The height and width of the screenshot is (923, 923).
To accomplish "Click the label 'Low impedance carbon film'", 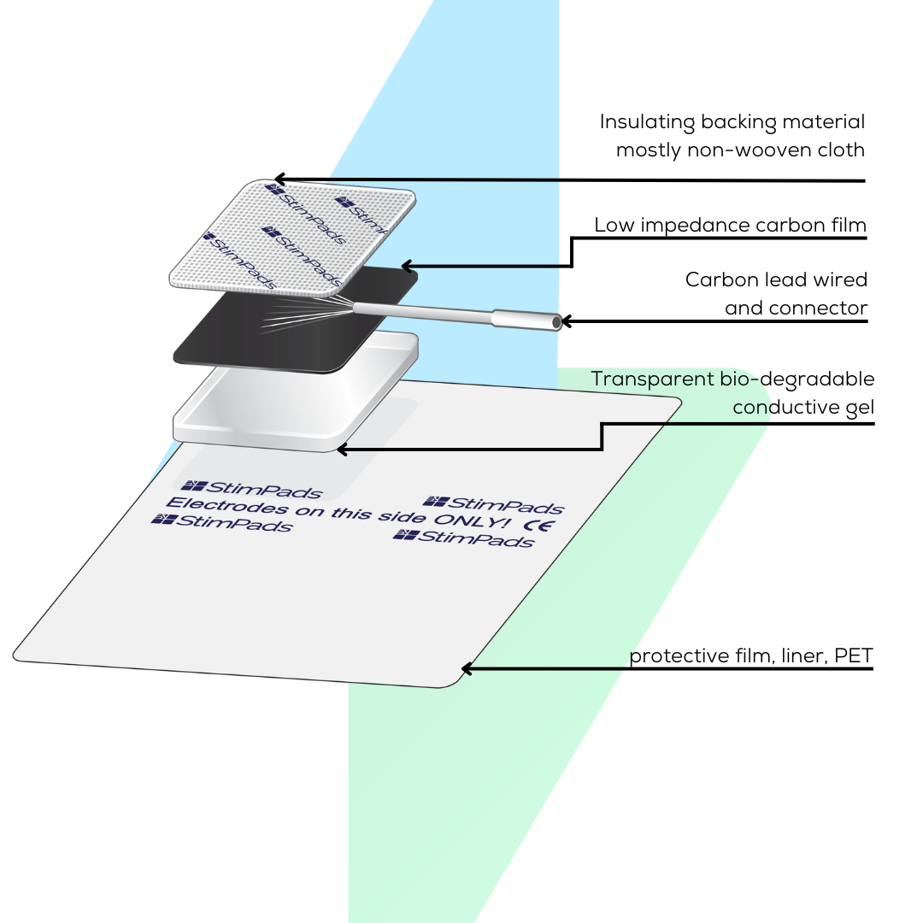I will tap(731, 226).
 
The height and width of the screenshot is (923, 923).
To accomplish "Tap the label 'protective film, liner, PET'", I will tap(751, 656).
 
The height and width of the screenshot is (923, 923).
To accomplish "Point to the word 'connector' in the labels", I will tap(797, 308).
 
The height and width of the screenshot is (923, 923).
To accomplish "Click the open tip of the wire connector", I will tap(556, 322).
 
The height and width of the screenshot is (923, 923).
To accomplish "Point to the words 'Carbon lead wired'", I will tap(776, 279).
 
